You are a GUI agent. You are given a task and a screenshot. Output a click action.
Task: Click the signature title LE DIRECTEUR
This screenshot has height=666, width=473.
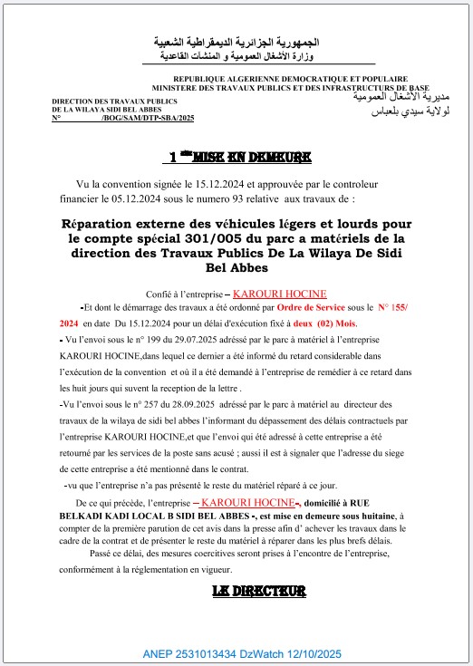[257, 591]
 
